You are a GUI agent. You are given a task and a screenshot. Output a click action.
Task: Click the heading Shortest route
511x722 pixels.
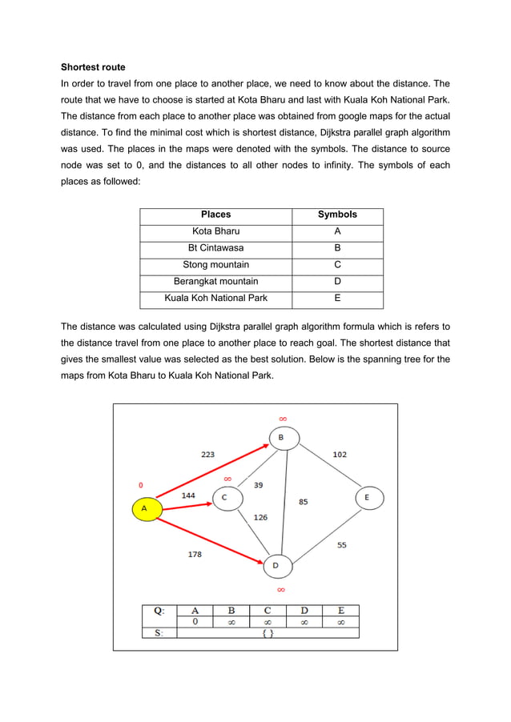[x=93, y=67]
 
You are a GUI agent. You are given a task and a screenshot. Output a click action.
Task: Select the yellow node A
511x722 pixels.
[x=147, y=508]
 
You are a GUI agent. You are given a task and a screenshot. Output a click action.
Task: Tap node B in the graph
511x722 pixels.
[x=284, y=438]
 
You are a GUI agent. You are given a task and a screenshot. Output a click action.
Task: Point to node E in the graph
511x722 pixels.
[x=368, y=497]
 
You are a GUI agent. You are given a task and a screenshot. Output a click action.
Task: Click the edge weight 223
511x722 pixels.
[x=207, y=454]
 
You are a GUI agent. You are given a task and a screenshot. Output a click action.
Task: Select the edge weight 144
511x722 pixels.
[x=188, y=495]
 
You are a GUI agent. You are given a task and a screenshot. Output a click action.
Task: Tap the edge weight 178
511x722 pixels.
[x=195, y=554]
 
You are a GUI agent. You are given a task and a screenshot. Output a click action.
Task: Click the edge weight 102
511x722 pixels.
[x=340, y=454]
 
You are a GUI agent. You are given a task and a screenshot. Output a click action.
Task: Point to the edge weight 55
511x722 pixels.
[x=342, y=544]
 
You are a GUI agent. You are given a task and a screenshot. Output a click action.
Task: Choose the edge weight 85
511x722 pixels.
[x=303, y=502]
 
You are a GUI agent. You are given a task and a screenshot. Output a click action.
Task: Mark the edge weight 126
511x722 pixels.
[x=260, y=517]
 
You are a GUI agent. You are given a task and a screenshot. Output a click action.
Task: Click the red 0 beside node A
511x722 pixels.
[x=141, y=485]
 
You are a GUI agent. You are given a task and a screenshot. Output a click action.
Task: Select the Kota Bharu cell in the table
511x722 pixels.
[x=215, y=231]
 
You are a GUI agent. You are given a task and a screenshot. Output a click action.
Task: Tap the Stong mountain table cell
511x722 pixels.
[x=215, y=265]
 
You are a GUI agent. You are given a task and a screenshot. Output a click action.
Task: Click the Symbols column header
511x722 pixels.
[x=337, y=215]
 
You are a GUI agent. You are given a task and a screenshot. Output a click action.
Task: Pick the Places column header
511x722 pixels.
[x=215, y=215]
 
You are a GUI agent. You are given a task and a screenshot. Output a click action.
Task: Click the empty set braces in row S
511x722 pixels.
[x=268, y=633]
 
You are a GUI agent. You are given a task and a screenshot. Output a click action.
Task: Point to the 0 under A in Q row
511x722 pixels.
[x=195, y=621]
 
